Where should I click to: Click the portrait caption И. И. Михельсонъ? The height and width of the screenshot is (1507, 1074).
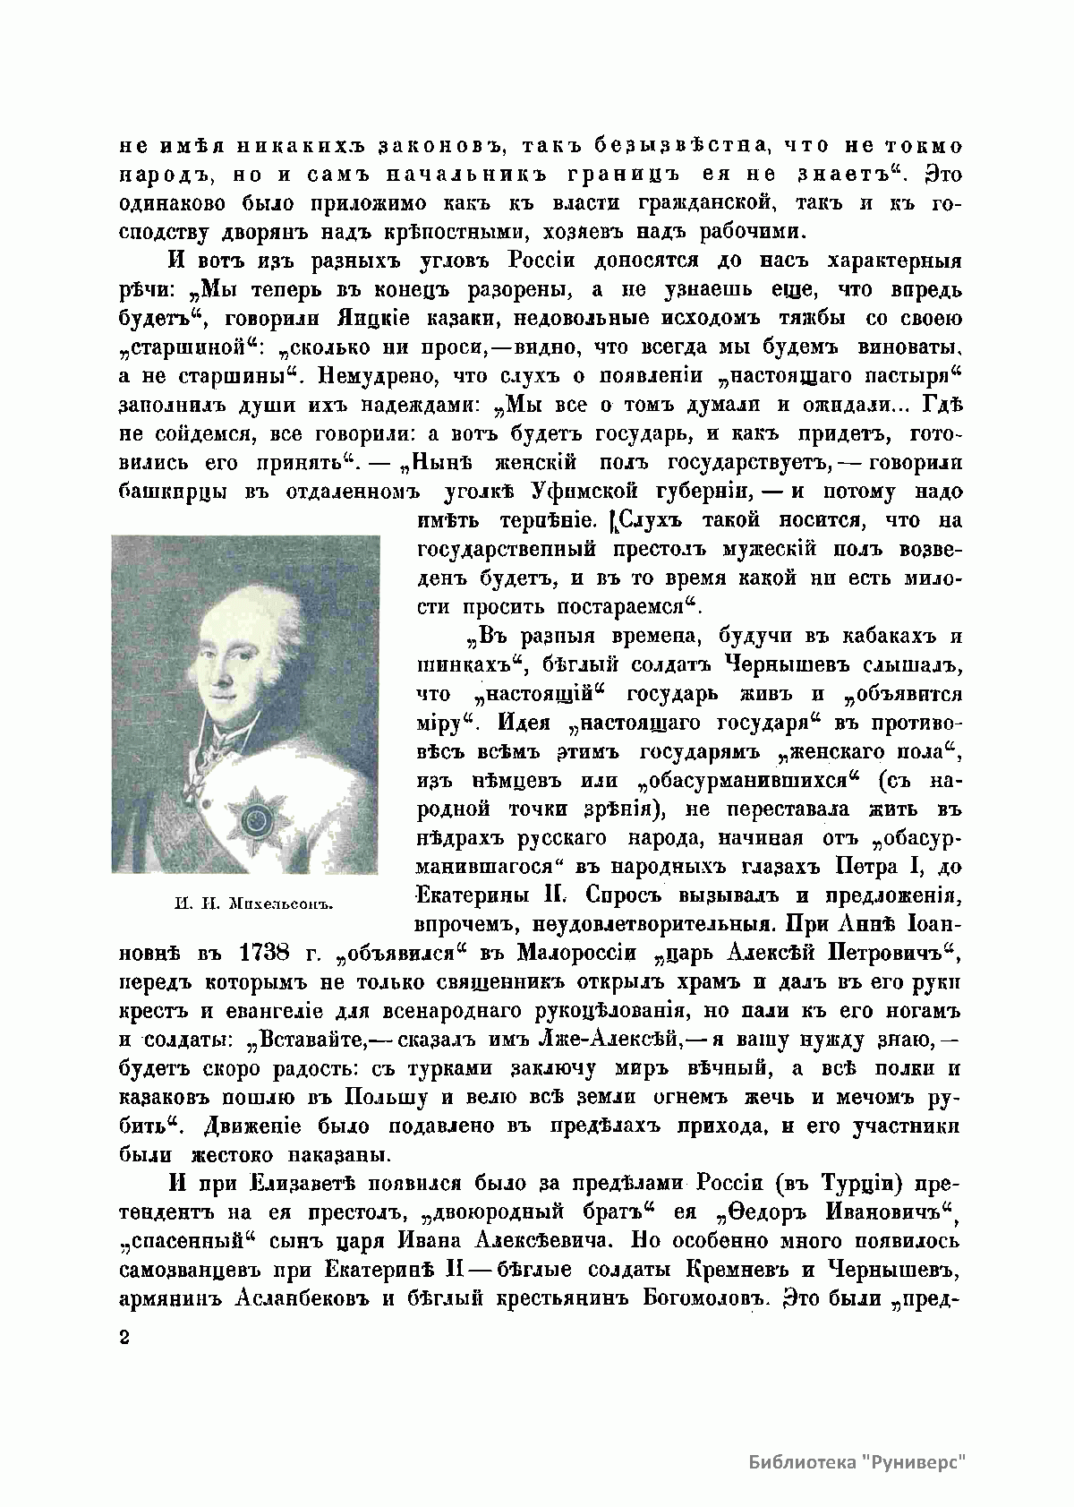(x=250, y=902)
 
